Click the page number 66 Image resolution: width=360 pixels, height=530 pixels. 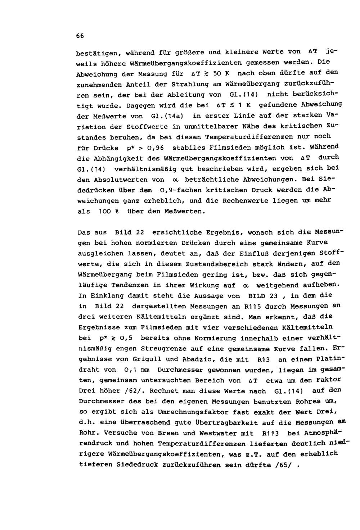[x=80, y=36]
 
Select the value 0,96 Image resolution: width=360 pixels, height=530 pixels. [x=154, y=148]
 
